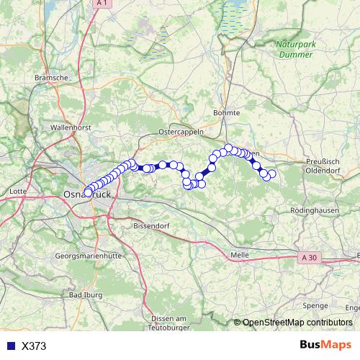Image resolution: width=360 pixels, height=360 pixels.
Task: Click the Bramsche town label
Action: tap(50, 76)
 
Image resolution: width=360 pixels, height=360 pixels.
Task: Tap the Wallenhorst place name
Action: tap(69, 127)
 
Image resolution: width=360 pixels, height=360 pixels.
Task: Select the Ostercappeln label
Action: tap(181, 132)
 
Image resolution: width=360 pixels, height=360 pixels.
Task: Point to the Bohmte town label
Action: tap(227, 113)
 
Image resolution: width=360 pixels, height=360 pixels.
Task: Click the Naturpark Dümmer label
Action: tap(295, 49)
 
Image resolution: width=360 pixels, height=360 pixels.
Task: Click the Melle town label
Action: tap(239, 255)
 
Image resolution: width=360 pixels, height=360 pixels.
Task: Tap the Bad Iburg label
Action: tap(85, 295)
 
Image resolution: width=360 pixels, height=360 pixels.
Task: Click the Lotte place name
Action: tap(18, 192)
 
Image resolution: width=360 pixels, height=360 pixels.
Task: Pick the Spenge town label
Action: tap(315, 305)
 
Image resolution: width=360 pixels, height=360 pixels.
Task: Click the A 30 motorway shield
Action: tap(309, 257)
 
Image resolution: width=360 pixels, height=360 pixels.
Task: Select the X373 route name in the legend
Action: tap(34, 346)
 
